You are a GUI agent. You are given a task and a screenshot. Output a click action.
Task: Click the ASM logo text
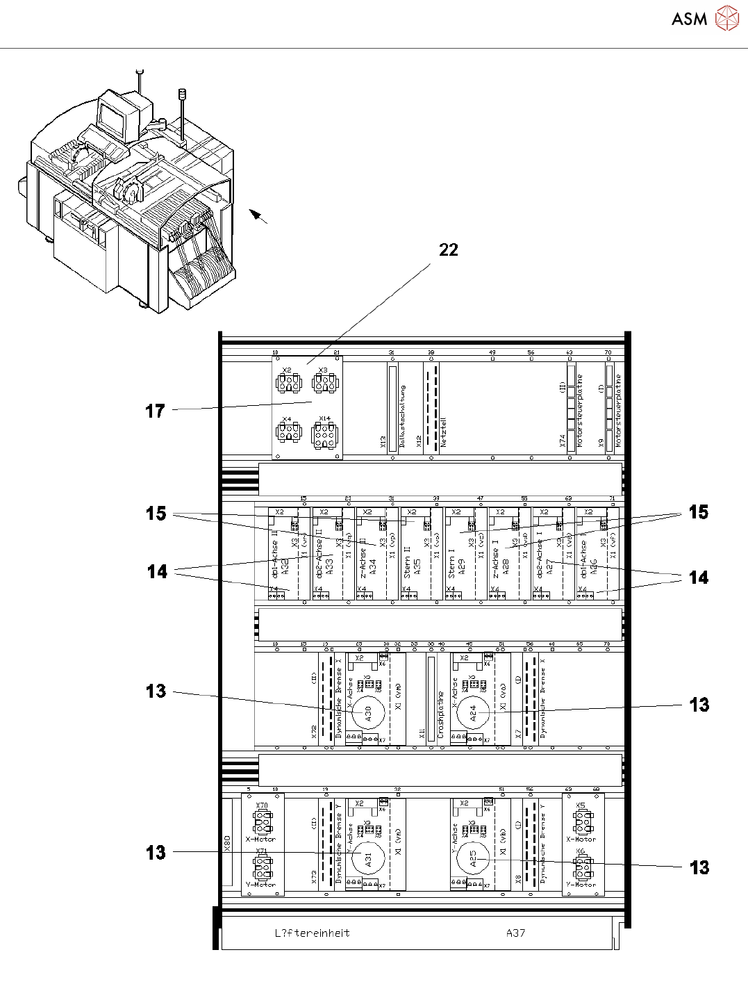689,19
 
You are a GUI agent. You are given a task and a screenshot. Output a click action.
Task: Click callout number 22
449,250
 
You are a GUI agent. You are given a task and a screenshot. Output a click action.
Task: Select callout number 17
155,411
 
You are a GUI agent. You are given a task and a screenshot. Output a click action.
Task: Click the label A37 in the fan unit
515,933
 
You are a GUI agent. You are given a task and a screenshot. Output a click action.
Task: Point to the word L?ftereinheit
312,933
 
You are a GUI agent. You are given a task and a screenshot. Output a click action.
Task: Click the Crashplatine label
440,714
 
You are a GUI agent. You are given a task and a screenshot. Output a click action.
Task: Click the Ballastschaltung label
403,415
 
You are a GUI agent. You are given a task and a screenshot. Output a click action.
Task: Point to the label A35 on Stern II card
417,567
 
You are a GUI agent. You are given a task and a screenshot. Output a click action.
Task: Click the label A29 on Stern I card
461,567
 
